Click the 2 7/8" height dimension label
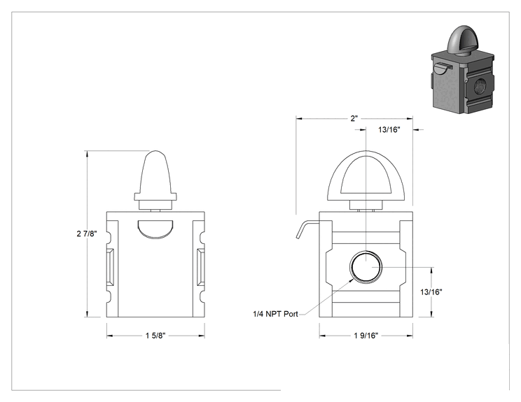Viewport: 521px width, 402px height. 87,234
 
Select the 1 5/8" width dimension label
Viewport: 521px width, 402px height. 155,336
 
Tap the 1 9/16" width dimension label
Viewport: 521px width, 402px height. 366,336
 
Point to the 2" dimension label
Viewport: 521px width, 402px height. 354,118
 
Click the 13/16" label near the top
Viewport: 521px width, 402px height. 389,129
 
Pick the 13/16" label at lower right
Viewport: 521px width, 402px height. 431,292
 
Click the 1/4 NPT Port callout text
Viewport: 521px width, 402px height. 275,314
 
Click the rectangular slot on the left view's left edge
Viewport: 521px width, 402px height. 111,266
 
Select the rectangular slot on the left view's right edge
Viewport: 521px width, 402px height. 200,266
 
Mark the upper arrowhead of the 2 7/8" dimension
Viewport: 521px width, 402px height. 87,154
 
